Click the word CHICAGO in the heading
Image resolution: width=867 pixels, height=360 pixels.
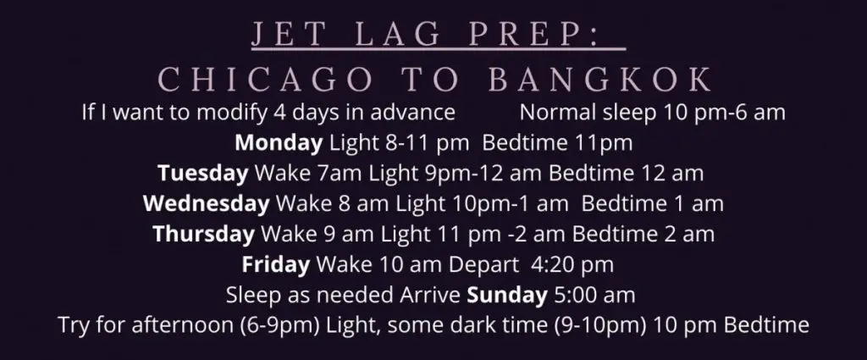[x=265, y=80]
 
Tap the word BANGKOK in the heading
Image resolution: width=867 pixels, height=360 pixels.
[x=601, y=80]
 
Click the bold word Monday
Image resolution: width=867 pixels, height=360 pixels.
[x=279, y=143]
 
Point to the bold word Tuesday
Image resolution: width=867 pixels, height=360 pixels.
[x=203, y=174]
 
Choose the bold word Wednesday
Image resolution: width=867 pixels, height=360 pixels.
[x=207, y=203]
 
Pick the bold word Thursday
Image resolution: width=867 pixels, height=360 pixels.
[x=203, y=234]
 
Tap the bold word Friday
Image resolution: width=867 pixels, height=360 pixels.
[x=275, y=264]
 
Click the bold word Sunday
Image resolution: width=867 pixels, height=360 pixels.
[x=507, y=295]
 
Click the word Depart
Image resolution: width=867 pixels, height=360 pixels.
[x=483, y=264]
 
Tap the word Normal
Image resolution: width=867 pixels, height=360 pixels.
[x=559, y=113]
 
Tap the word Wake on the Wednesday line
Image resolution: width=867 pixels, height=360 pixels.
[x=303, y=203]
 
